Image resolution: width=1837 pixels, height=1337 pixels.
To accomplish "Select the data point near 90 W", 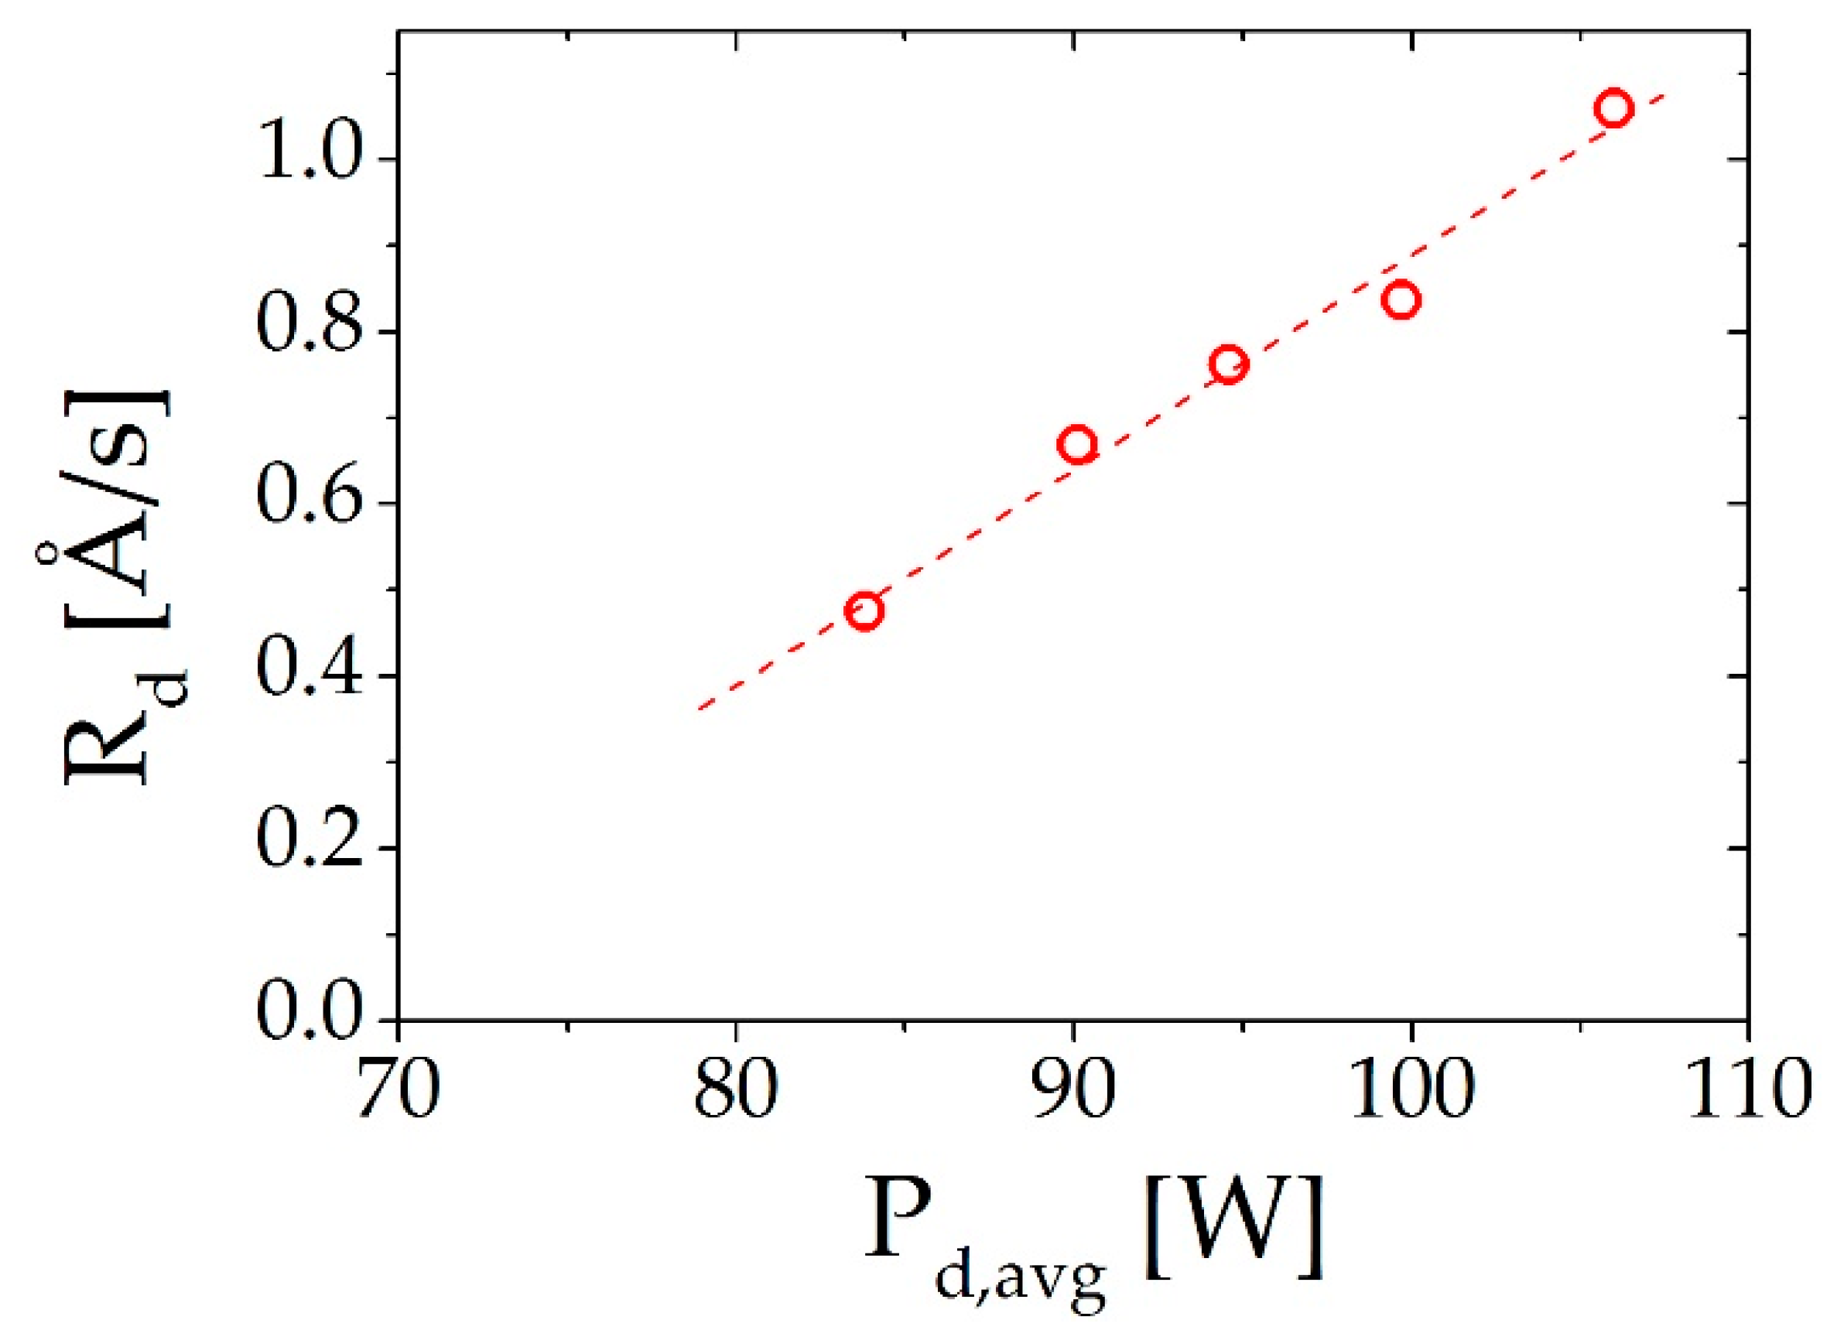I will [x=1078, y=445].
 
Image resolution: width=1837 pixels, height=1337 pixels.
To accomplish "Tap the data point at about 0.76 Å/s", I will [x=1229, y=365].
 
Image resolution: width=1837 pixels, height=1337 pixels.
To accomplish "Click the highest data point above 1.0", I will [x=1614, y=108].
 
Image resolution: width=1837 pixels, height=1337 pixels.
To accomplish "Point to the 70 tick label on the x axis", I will [x=399, y=1093].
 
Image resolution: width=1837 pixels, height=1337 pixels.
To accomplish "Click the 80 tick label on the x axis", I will [x=735, y=1093].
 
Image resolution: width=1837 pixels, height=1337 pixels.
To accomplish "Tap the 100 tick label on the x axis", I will [x=1411, y=1093].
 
